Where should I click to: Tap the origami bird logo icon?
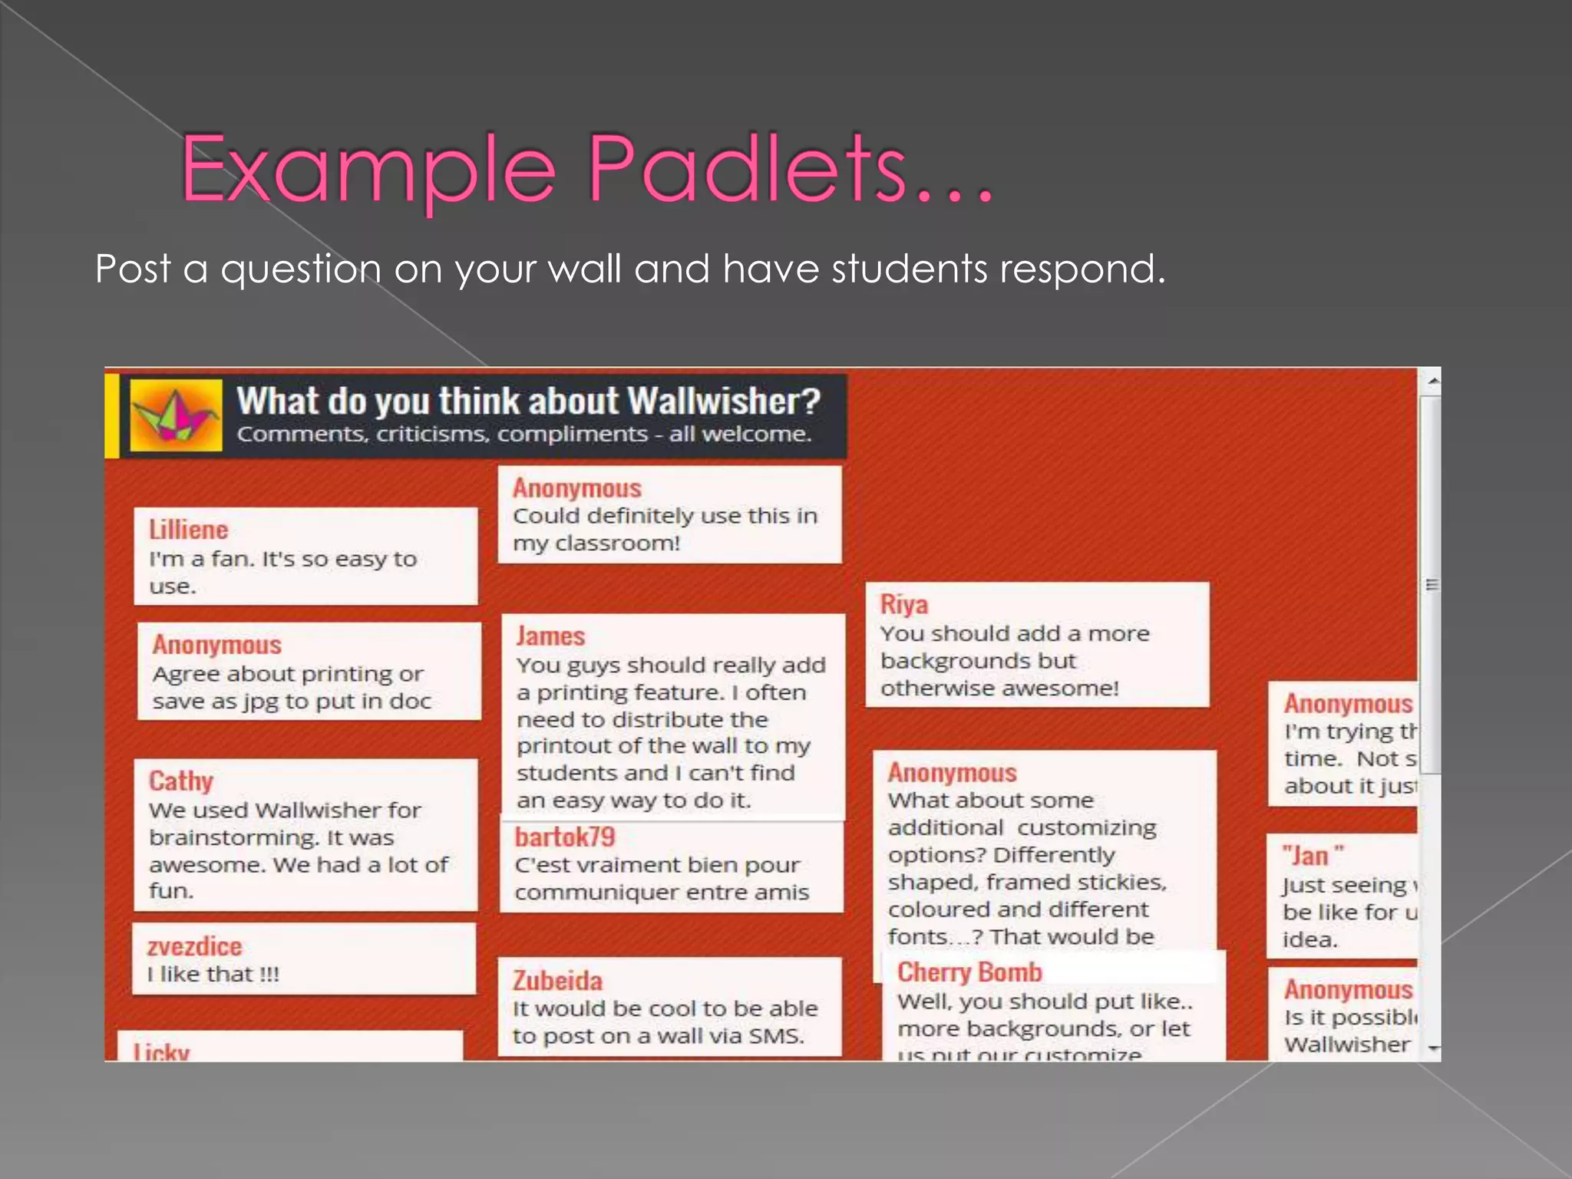click(x=176, y=415)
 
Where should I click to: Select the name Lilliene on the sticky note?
click(x=188, y=530)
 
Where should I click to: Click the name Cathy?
click(x=180, y=781)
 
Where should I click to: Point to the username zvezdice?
click(x=194, y=946)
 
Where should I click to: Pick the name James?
click(x=550, y=636)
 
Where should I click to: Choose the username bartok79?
click(x=564, y=837)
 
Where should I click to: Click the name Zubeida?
click(x=557, y=980)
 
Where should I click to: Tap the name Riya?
click(x=903, y=604)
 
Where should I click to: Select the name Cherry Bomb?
click(x=969, y=973)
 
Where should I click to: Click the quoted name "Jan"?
click(x=1313, y=855)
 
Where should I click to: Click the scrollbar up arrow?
click(x=1432, y=381)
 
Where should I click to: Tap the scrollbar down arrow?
click(x=1432, y=1049)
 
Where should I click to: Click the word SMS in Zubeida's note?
click(x=775, y=1036)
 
